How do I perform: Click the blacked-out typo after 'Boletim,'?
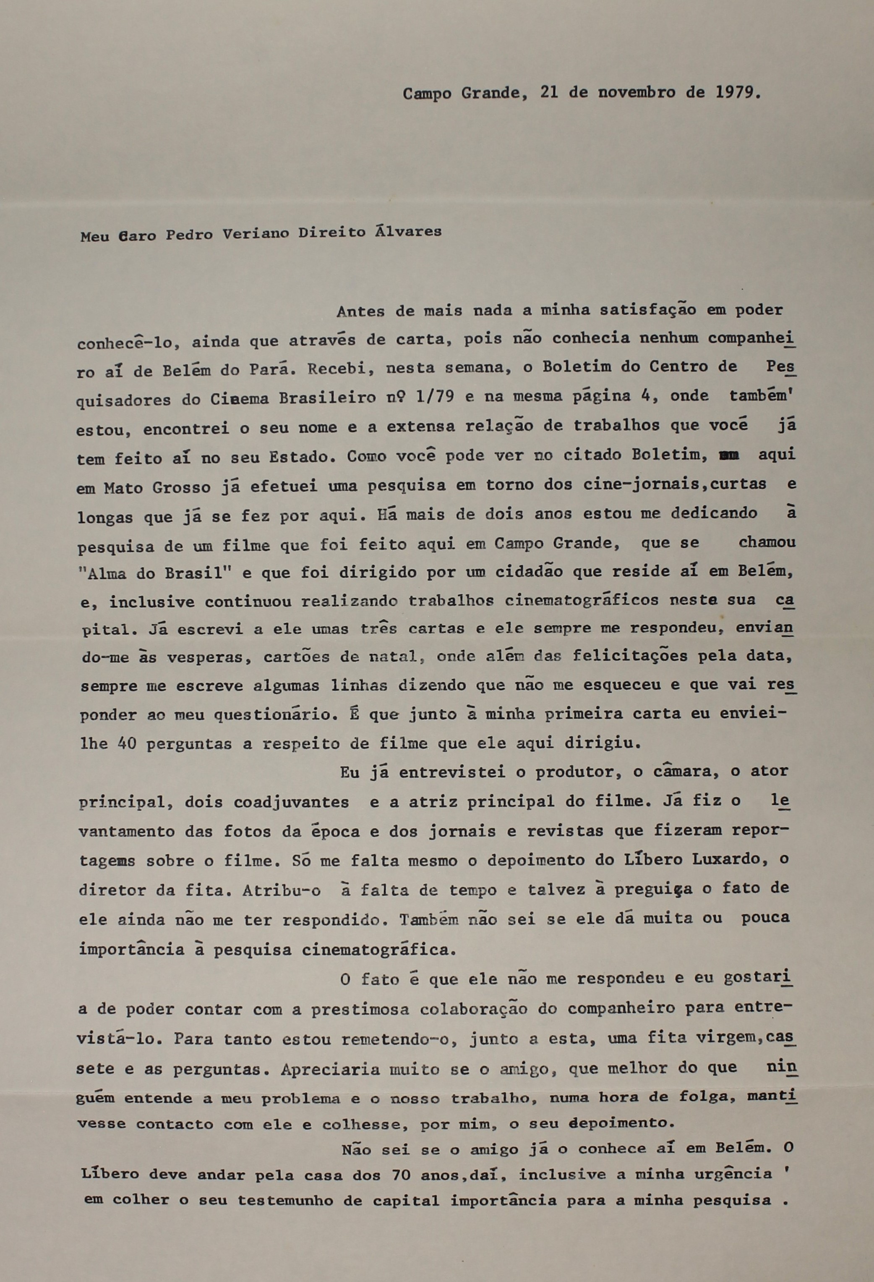[729, 455]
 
